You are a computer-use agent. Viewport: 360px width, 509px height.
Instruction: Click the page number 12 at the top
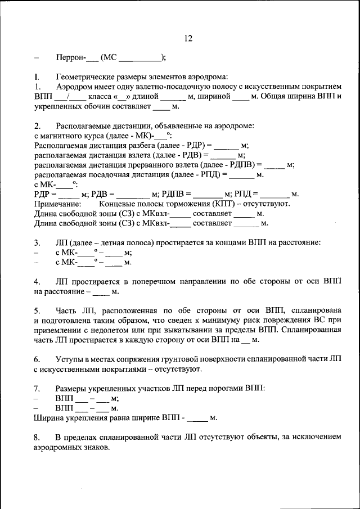coord(188,38)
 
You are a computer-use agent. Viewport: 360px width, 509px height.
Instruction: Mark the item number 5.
coord(37,310)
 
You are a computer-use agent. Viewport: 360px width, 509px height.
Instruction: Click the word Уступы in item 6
coord(69,359)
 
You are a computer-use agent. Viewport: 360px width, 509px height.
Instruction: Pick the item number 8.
coord(37,437)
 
